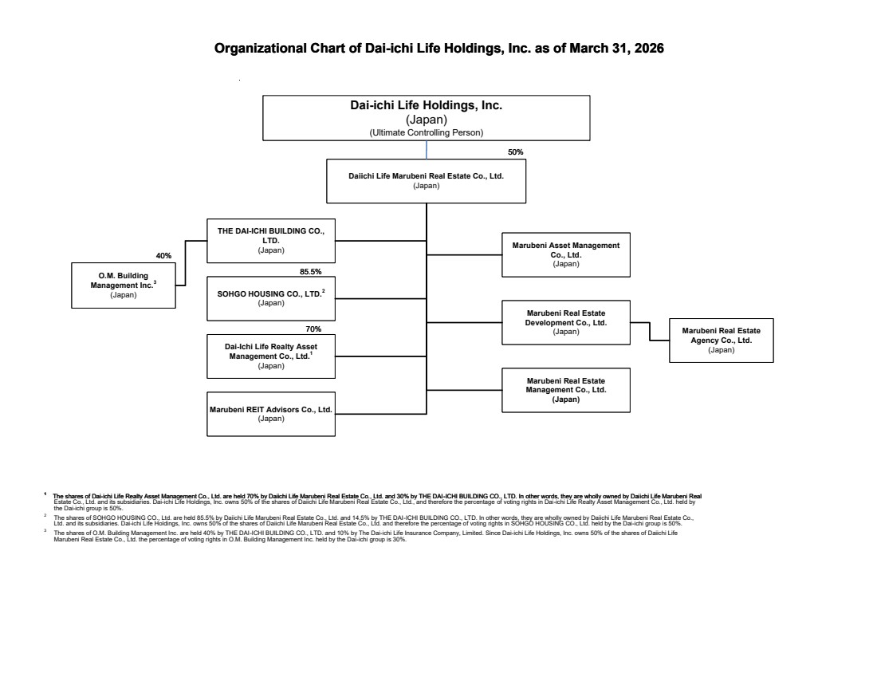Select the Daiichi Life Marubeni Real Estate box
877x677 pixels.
(427, 181)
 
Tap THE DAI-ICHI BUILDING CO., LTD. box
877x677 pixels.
(271, 240)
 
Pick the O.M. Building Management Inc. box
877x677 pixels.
(124, 285)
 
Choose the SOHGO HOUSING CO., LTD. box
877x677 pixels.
(271, 298)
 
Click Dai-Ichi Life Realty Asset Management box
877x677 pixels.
(271, 356)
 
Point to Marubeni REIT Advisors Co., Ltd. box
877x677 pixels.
(271, 414)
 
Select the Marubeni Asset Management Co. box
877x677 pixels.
(565, 254)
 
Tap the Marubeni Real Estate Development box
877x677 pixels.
(565, 322)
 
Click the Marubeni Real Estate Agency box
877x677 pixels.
(721, 340)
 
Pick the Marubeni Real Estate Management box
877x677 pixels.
(565, 390)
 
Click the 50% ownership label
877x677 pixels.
(515, 152)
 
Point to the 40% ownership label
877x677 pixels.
(163, 256)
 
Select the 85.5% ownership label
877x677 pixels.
(311, 272)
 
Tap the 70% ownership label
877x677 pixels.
(313, 329)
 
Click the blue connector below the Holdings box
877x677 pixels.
(427, 149)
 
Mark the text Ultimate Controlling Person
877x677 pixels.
(427, 132)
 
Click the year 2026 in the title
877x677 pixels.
(649, 49)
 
